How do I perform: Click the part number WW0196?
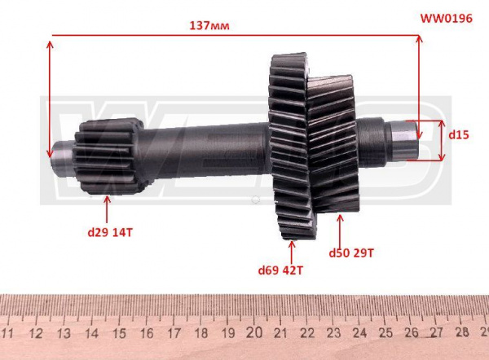[x=447, y=19]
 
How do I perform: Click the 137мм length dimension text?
[x=209, y=25]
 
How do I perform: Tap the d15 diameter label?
[x=458, y=135]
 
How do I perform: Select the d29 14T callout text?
[x=110, y=232]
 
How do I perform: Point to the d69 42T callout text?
[x=280, y=270]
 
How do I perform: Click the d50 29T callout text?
[x=351, y=253]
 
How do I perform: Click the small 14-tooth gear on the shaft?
[x=108, y=156]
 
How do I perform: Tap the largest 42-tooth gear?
[x=292, y=146]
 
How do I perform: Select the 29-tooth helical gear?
[x=333, y=143]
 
